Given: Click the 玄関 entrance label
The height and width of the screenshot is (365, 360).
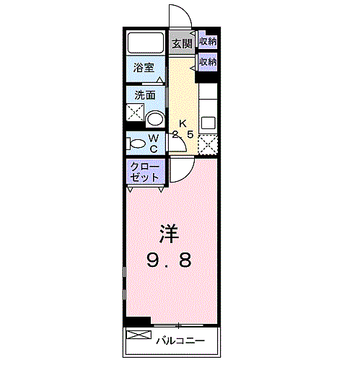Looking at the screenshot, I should click(182, 43).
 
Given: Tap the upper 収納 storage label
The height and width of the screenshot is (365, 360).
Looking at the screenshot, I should click(208, 42).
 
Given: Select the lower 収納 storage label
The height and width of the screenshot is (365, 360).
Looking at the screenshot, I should click(208, 63).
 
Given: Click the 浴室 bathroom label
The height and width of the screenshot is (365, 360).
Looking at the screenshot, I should click(144, 69).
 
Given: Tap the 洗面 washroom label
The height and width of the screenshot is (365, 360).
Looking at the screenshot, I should click(144, 95).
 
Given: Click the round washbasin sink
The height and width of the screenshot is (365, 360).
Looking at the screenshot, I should click(154, 119).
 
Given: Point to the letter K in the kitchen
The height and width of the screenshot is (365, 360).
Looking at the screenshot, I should click(183, 122).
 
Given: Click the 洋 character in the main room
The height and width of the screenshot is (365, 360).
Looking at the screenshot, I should click(170, 234).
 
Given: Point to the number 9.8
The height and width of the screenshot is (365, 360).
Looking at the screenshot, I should click(170, 260).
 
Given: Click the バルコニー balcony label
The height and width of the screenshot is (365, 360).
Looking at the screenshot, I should click(180, 340).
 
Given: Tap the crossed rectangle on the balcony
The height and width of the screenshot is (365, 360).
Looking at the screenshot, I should click(140, 337).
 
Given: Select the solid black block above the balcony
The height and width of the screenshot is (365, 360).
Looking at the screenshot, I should click(137, 322).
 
